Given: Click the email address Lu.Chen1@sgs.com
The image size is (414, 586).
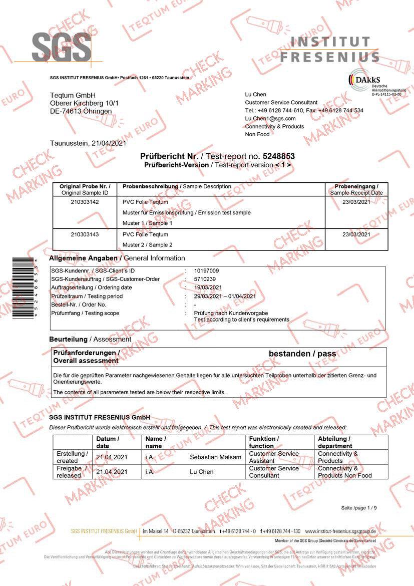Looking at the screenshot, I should point(270,118).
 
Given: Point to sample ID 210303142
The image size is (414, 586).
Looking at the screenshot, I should point(85,202).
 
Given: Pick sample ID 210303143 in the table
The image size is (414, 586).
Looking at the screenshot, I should point(85,234).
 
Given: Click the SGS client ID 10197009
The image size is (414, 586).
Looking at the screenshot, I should point(206,270).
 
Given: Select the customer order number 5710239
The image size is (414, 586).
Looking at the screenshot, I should point(205,279).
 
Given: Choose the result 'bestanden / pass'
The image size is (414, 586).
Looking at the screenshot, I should point(302,354).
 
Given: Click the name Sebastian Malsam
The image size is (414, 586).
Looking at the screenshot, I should point(215,457).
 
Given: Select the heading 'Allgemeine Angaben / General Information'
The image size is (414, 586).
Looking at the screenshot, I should point(117,258).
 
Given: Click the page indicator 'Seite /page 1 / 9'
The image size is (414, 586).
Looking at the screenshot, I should point(359,508).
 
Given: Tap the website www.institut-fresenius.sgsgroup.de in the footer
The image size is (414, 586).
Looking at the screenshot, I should point(340,531).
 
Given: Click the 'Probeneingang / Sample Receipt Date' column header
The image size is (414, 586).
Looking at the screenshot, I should point(356,189).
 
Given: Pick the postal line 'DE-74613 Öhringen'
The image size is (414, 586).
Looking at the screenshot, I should point(81,111).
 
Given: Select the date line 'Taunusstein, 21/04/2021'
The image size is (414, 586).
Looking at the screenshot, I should point(88,143).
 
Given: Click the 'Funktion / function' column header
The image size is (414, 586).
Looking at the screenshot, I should point(264,442).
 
